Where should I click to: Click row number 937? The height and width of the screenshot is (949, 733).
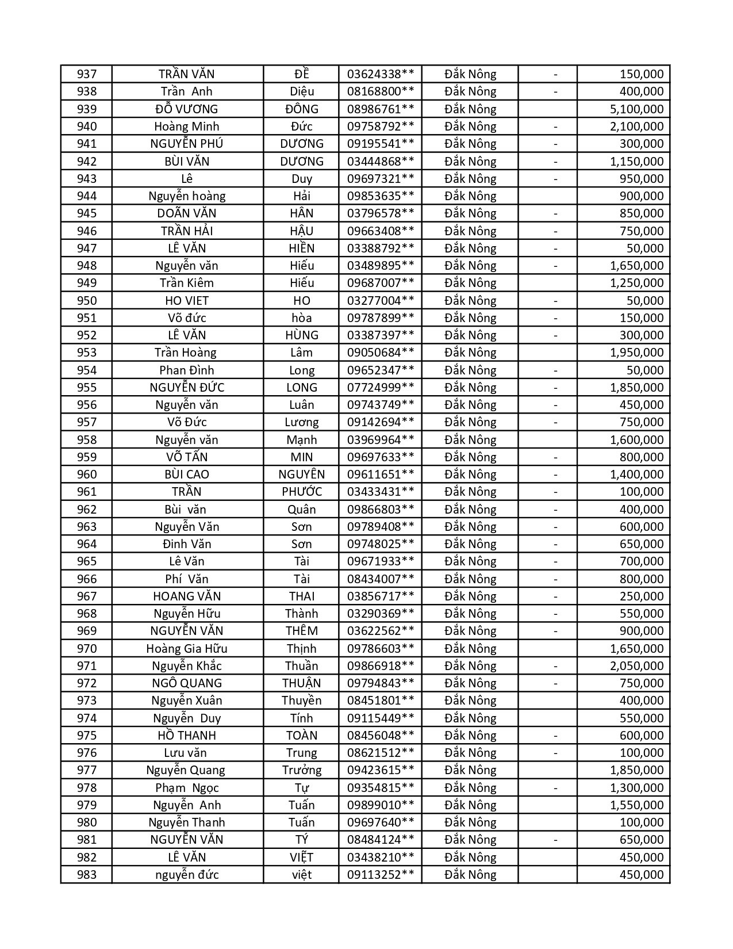point(87,74)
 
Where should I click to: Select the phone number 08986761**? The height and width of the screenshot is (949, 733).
point(380,109)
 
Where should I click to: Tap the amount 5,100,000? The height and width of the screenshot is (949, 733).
point(636,109)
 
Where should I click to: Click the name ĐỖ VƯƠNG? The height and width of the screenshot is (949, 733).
point(187,109)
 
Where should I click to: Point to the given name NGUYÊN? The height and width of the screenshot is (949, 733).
point(301,475)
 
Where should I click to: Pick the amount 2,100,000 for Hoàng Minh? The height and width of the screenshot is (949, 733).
point(636,127)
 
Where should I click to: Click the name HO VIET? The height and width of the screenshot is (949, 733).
point(187,301)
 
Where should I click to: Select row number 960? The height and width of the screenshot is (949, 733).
point(87,475)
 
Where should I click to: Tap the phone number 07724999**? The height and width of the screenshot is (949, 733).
point(380,388)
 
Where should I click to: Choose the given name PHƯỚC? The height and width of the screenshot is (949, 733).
point(301,492)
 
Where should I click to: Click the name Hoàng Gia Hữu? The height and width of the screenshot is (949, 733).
point(187,649)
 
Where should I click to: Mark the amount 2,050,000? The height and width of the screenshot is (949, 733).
point(636,666)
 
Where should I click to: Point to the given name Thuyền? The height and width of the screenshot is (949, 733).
point(301,701)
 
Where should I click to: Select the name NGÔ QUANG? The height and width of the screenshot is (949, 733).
point(187,683)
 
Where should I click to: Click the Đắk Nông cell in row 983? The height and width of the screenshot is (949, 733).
point(470,875)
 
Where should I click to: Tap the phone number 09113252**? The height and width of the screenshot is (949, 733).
point(380,875)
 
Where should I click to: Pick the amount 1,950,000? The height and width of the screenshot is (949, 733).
point(636,353)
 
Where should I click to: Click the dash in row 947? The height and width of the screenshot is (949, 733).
point(555,248)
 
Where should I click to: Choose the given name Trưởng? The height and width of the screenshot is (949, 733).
point(301,770)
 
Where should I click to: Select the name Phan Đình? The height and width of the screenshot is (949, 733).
point(187,370)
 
